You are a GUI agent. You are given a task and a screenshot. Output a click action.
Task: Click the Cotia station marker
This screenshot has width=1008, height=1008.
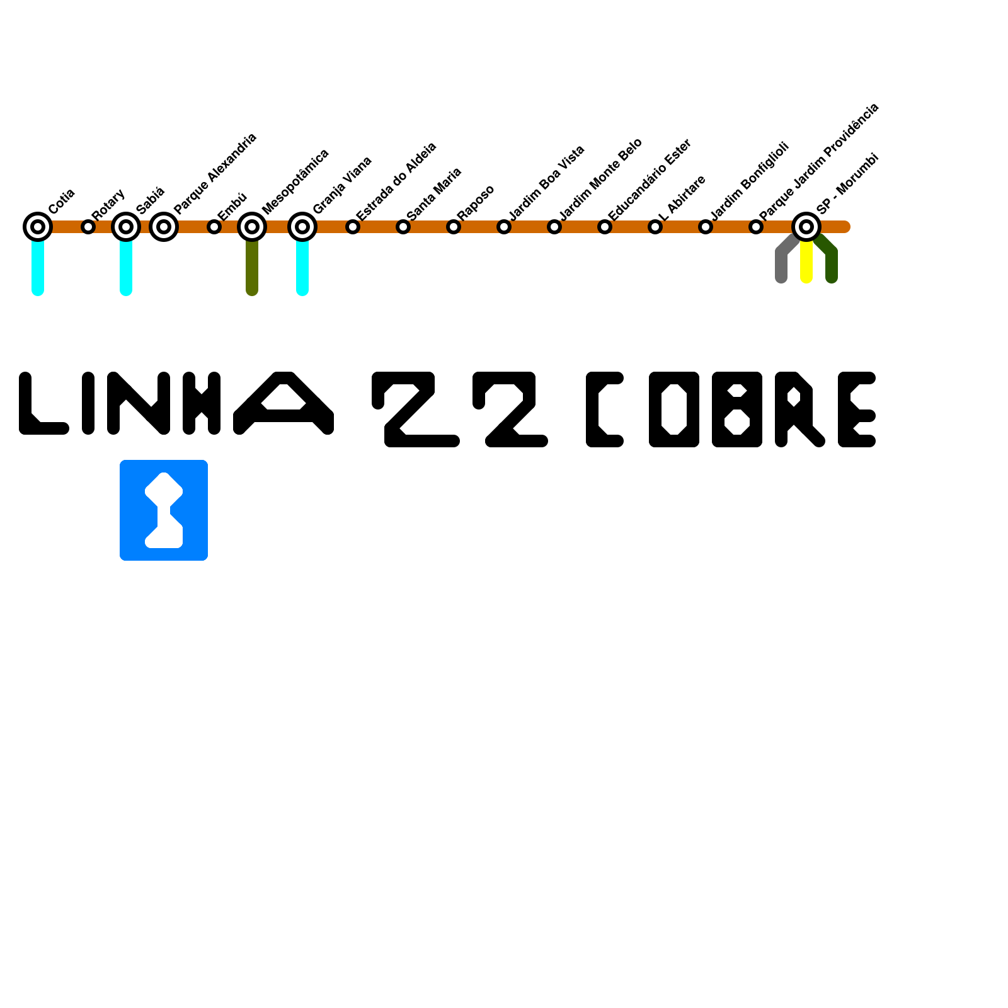38,227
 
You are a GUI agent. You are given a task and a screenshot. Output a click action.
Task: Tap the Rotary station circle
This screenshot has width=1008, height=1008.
88,227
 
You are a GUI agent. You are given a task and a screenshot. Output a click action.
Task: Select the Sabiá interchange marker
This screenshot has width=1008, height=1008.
126,227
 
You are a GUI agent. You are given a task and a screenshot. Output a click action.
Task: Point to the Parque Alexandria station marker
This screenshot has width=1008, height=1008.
164,227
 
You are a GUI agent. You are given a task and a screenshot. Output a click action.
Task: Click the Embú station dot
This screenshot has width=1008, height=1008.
214,227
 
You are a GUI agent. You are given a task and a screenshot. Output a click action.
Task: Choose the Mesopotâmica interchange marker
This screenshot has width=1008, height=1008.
252,227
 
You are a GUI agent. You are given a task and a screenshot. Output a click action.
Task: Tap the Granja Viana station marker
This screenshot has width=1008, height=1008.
302,227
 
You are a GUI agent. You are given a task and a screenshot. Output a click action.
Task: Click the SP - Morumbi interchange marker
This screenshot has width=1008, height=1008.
806,227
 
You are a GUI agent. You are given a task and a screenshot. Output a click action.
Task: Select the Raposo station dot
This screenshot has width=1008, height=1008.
454,227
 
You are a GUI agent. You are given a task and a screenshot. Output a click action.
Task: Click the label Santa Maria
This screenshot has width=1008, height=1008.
435,194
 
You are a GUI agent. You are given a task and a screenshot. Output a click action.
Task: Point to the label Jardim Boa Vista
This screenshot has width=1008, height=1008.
547,183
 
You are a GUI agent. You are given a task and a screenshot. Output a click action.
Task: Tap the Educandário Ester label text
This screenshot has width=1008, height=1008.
650,180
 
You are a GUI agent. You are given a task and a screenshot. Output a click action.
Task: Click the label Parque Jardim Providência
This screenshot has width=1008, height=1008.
819,162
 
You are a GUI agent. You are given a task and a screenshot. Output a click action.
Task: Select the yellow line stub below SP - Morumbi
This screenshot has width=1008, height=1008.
806,265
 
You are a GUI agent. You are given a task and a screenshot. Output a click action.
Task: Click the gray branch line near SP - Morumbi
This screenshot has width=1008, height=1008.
781,261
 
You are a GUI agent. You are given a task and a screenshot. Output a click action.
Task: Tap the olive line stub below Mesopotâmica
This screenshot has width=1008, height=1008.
252,268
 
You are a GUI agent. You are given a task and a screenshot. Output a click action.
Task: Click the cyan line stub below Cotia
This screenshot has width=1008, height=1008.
38,268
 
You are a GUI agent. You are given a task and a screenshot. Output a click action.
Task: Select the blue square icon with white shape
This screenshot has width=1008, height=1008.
164,510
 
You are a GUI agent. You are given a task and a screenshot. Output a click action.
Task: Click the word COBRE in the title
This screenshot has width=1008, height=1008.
731,409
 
